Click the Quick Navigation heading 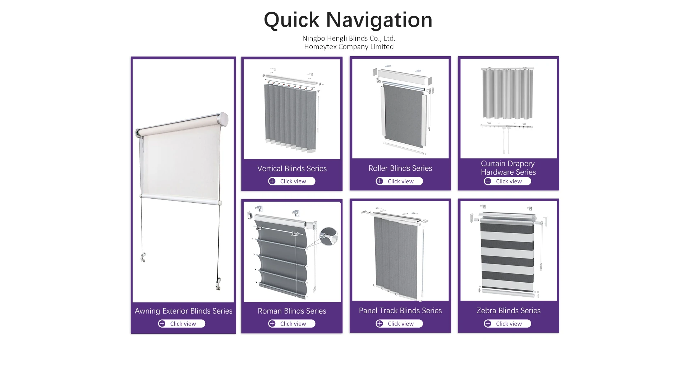tap(348, 20)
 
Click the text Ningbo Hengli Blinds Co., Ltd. tap(349, 39)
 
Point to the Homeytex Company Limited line tap(349, 47)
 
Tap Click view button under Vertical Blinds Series tap(292, 181)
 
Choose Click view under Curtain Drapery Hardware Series tap(507, 181)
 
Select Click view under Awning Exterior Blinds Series tap(182, 324)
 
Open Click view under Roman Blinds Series tap(292, 324)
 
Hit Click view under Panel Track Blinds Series tap(400, 324)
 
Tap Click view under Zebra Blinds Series tap(507, 324)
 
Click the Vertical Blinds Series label tap(292, 168)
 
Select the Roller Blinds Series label tap(400, 168)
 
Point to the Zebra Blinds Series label tap(508, 310)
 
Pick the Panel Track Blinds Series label tap(400, 310)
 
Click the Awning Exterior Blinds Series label tap(183, 311)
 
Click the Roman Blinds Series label tap(292, 311)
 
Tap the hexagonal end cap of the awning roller tap(223, 120)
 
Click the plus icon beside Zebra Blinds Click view tap(488, 324)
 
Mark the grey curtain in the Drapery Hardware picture tap(507, 94)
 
